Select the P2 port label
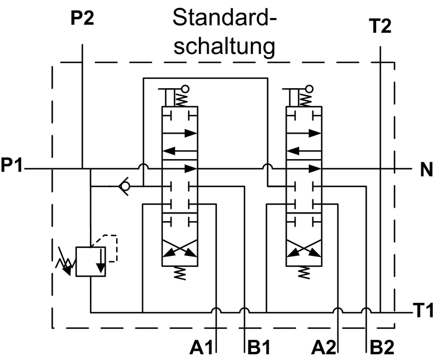(x=82, y=19)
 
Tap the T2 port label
(x=380, y=26)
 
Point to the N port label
(x=426, y=170)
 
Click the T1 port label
(x=423, y=312)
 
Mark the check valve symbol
(x=124, y=187)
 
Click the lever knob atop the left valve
(x=186, y=88)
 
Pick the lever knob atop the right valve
(x=310, y=88)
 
